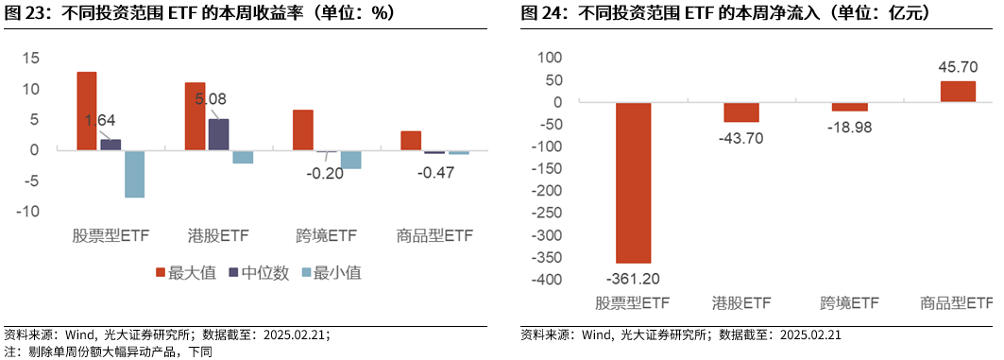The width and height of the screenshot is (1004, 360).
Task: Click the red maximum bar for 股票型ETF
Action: pyautogui.click(x=87, y=111)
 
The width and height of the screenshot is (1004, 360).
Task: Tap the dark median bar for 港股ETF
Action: pyautogui.click(x=218, y=134)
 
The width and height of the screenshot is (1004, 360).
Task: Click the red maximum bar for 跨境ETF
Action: pyautogui.click(x=302, y=130)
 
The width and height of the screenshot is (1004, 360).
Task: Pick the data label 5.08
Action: pyautogui.click(x=211, y=97)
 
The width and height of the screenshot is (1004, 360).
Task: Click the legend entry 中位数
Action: pyautogui.click(x=256, y=273)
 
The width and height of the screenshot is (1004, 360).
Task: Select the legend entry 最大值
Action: pyautogui.click(x=185, y=273)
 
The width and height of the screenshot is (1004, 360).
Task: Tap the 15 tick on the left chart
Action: pyautogui.click(x=30, y=59)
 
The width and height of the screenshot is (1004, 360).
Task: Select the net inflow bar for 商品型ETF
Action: pyautogui.click(x=958, y=92)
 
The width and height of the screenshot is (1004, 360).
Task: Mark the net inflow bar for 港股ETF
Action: pyautogui.click(x=741, y=111)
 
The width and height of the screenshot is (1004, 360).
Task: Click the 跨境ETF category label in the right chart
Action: pyautogui.click(x=849, y=303)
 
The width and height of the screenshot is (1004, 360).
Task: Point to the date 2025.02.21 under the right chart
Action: pyautogui.click(x=811, y=334)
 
